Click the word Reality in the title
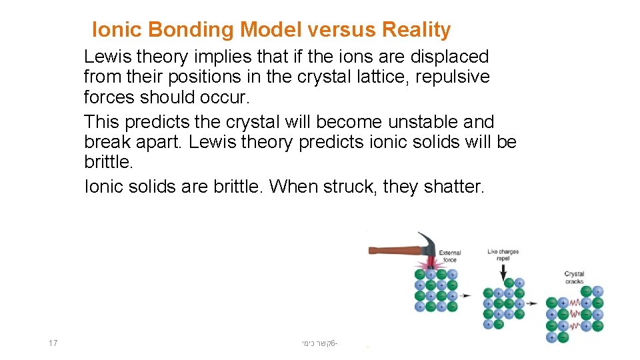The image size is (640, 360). pyautogui.click(x=417, y=30)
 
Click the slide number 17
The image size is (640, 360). pyautogui.click(x=53, y=343)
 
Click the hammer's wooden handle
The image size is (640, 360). pyautogui.click(x=393, y=251)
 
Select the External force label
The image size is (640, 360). pyautogui.click(x=450, y=256)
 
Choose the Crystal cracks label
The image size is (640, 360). pyautogui.click(x=574, y=277)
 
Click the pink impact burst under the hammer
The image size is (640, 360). pyautogui.click(x=430, y=265)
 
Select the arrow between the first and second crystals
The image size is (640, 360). pyautogui.click(x=467, y=295)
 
